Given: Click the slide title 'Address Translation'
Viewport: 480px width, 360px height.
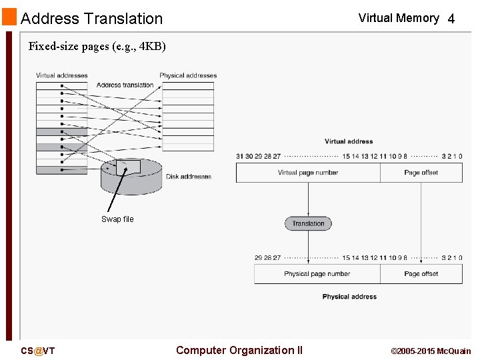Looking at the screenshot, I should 91,19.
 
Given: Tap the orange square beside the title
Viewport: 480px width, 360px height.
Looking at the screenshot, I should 9,17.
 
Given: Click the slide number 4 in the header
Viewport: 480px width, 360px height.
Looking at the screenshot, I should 451,19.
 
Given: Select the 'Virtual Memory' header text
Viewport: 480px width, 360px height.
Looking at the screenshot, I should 398,18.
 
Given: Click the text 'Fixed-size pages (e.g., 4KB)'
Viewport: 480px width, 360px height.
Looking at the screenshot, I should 97,47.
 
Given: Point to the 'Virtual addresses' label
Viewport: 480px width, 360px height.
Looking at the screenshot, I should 61,75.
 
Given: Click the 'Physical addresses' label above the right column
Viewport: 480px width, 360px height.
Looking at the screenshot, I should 188,75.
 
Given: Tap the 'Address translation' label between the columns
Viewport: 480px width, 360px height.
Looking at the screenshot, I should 125,85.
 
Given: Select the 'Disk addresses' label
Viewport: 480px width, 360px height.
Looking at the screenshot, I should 189,177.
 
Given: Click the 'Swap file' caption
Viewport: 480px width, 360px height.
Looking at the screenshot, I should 117,219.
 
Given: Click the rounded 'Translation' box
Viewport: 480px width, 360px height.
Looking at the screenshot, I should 308,223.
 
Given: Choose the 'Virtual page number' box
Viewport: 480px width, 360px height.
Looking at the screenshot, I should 308,173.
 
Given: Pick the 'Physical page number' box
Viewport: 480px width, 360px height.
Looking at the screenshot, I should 317,274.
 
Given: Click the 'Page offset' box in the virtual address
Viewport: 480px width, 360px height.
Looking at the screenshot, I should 421,173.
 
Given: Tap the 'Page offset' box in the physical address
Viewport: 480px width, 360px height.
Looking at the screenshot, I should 421,274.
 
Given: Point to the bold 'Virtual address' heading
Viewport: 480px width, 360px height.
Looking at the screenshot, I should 349,141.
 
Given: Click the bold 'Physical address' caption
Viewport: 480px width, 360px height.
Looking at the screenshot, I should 349,297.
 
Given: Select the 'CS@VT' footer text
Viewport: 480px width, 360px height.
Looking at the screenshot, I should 37,351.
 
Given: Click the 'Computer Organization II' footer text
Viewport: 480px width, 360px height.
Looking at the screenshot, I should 239,350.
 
